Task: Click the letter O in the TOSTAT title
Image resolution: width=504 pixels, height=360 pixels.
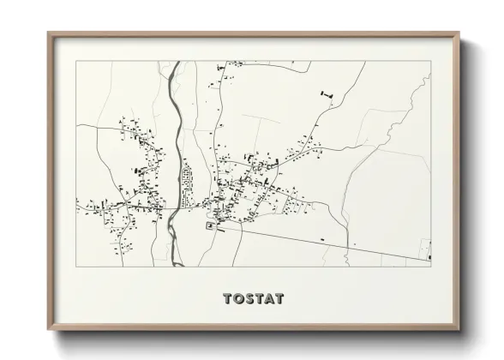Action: (239, 299)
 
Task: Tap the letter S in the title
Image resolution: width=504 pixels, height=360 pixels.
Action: (249, 299)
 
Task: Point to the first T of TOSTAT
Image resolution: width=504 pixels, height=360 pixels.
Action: (228, 299)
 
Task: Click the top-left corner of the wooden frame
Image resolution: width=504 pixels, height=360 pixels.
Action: (48, 33)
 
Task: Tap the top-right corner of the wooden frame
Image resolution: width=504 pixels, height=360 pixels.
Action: (459, 33)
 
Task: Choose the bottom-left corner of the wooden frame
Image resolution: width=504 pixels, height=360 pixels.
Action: (48, 328)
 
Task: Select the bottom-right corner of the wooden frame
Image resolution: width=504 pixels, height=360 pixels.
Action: (459, 328)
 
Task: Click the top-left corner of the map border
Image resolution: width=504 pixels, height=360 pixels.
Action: (76, 61)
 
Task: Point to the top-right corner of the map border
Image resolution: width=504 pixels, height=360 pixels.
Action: (431, 61)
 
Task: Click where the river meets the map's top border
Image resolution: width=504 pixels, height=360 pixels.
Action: (176, 62)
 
